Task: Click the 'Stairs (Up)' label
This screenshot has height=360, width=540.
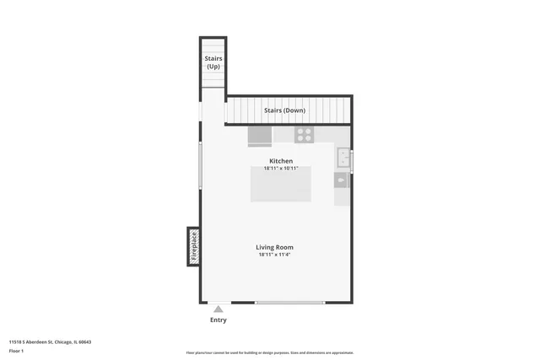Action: [x=213, y=62]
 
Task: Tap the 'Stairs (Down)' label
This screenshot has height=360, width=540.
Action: [x=284, y=110]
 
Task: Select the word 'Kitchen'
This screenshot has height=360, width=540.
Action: [x=281, y=161]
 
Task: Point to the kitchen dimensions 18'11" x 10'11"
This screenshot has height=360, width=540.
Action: [x=281, y=169]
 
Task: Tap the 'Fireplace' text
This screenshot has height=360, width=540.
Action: [x=193, y=245]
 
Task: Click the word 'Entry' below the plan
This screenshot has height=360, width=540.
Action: [x=218, y=320]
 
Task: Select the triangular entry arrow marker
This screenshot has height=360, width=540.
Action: [x=218, y=309]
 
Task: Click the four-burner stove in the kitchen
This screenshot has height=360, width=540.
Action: [x=304, y=134]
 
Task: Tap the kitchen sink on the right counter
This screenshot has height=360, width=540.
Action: [x=343, y=158]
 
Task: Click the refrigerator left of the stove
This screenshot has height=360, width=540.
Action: [x=260, y=136]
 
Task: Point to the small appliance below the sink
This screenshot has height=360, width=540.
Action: [x=342, y=180]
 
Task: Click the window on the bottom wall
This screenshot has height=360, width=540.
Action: [x=289, y=302]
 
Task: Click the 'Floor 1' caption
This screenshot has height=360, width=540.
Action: [x=16, y=351]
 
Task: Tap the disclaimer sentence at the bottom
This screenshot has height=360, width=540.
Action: [x=270, y=352]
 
